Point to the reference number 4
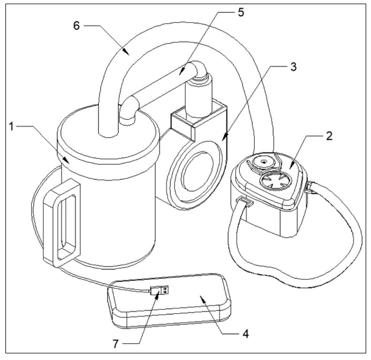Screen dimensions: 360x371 [243, 330]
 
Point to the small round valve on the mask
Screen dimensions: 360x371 [260, 162]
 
